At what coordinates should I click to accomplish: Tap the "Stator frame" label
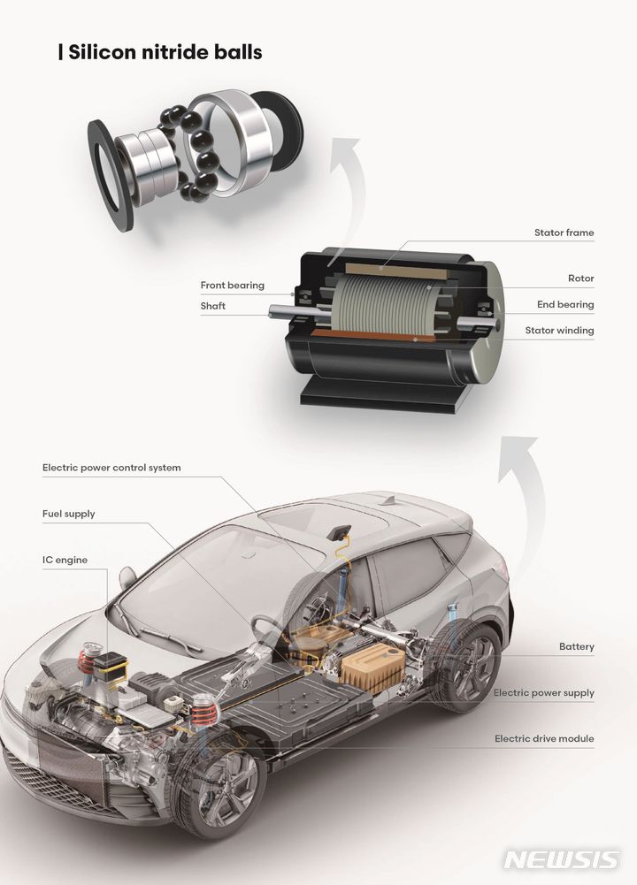pos(564,233)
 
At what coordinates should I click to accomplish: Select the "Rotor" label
pos(580,278)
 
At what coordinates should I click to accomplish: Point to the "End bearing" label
pos(565,305)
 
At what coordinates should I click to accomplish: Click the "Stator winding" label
pos(559,331)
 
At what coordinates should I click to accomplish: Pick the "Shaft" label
pos(212,306)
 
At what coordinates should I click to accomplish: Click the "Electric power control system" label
pos(111,468)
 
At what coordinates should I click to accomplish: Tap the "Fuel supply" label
pos(68,514)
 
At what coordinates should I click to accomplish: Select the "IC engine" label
pos(65,560)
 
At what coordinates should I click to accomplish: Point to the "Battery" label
pos(576,647)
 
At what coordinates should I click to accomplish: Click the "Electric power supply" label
pos(543,693)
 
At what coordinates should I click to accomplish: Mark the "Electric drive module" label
pos(543,738)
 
